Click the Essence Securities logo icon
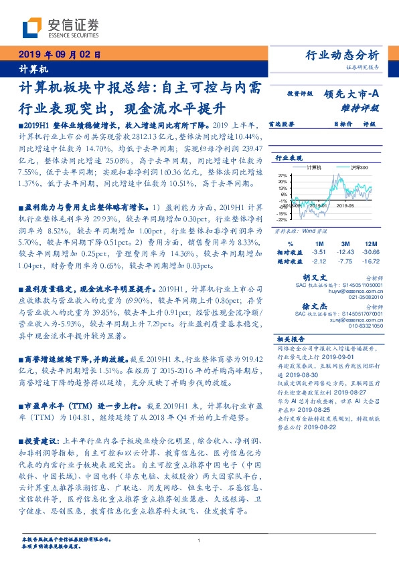pos(31,27)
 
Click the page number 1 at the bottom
pos(199,540)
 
